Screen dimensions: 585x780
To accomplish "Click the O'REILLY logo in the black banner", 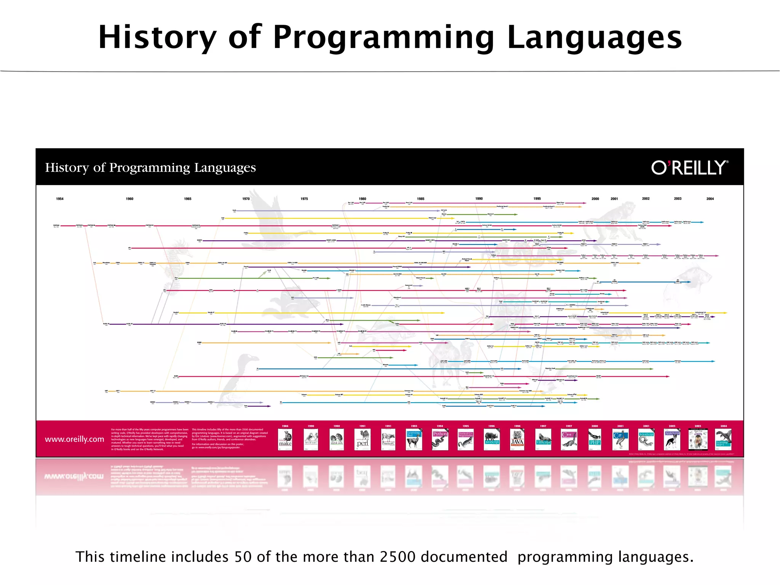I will (x=689, y=168).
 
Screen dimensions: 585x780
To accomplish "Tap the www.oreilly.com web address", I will (x=74, y=439).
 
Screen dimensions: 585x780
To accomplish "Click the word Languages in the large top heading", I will (x=595, y=37).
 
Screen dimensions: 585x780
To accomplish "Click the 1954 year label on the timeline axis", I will (x=60, y=199).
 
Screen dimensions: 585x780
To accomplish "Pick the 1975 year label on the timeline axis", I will (x=304, y=199).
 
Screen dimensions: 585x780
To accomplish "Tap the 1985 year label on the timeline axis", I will (x=420, y=199).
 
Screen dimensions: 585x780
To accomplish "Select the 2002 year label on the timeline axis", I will (x=646, y=199).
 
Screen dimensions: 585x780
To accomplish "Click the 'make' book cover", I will (x=285, y=440).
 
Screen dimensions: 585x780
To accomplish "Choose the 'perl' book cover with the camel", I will (x=362, y=440).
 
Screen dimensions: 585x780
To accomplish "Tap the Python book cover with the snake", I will (x=440, y=440).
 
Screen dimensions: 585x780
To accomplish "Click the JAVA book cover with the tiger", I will (x=517, y=440).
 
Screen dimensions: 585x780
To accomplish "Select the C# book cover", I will (x=620, y=440).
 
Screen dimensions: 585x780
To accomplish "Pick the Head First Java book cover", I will (x=698, y=440).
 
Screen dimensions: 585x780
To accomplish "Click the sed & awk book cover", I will (x=337, y=440).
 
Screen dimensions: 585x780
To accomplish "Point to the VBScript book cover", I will (x=543, y=440).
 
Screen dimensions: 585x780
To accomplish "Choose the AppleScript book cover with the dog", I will (x=672, y=440).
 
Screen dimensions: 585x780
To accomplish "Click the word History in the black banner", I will (x=67, y=168).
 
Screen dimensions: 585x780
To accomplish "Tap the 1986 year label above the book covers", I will (x=285, y=426).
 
